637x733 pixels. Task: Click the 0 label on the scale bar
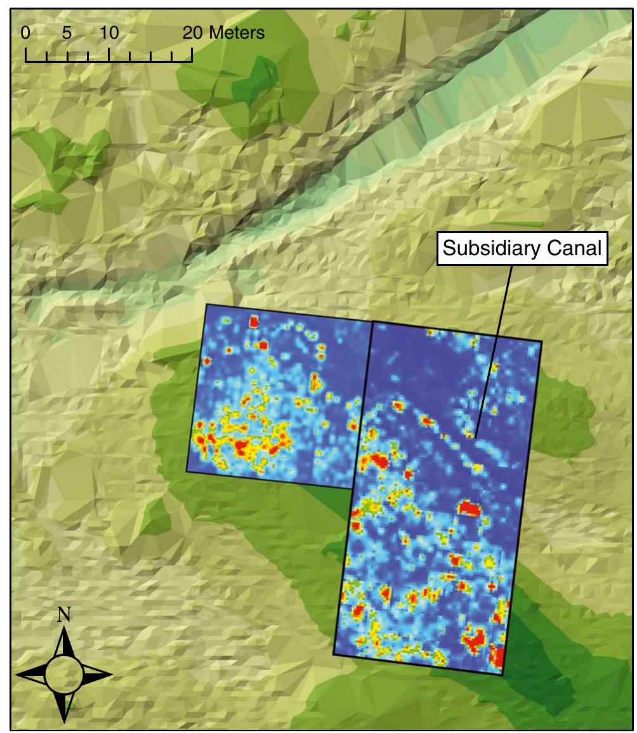[25, 33]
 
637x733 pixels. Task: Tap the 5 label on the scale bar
[67, 33]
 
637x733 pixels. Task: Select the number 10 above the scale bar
[109, 33]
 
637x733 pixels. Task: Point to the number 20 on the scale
[194, 33]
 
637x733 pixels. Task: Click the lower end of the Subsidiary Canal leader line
[475, 436]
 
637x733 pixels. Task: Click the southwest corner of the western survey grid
[187, 471]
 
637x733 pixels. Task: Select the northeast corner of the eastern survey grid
[542, 342]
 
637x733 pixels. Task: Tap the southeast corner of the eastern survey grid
[503, 675]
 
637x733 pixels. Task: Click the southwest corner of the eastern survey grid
[334, 654]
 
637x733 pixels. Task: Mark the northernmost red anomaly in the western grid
[254, 322]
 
